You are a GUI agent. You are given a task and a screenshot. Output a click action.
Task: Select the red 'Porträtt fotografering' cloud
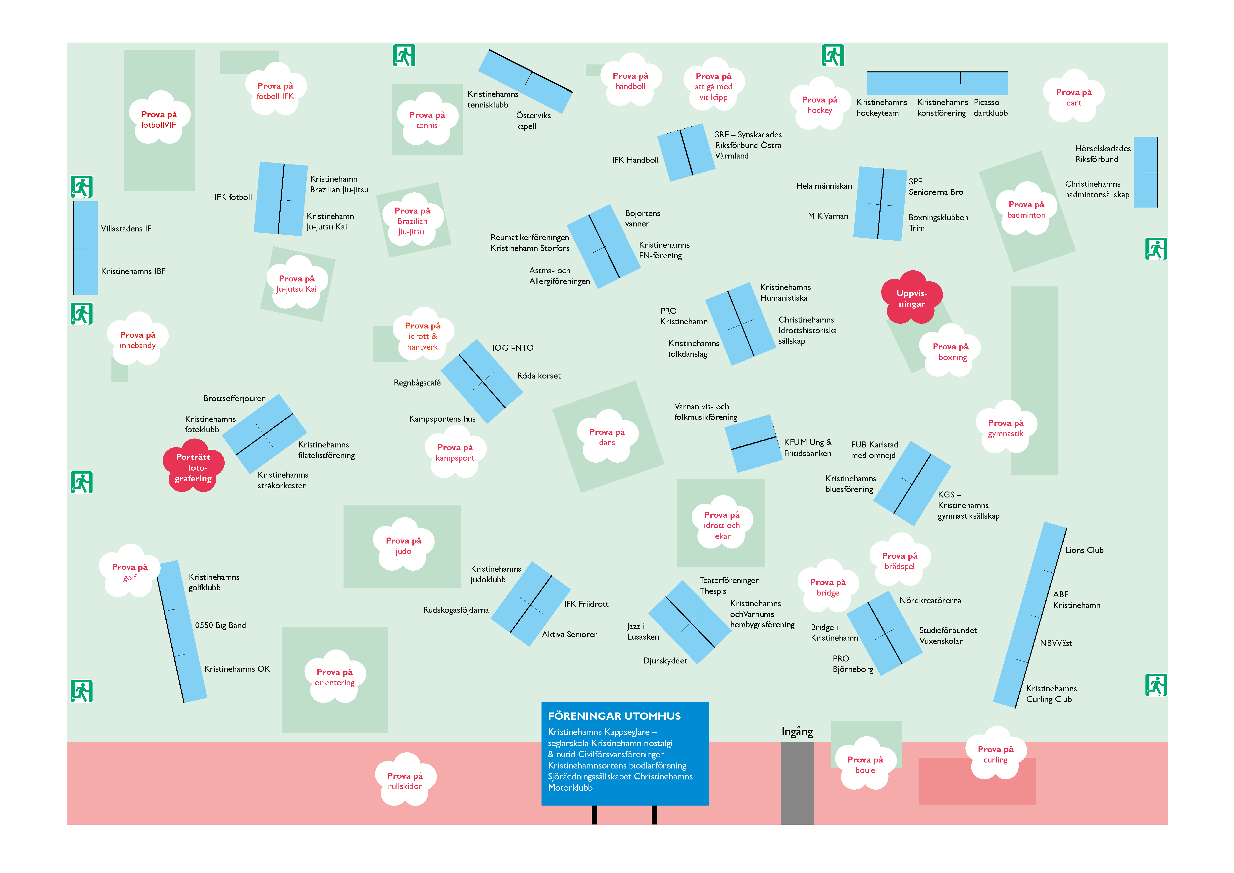point(194,467)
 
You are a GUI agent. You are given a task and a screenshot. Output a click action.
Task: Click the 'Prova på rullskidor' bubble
point(405,780)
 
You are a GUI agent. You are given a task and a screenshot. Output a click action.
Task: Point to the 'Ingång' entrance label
point(797,732)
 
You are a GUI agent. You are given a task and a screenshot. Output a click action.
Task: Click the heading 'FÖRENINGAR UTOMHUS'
point(614,716)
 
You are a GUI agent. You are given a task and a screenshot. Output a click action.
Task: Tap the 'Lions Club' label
point(1084,550)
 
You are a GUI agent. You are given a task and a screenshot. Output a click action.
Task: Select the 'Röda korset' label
point(539,376)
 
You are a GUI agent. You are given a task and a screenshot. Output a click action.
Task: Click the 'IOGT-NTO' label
point(513,348)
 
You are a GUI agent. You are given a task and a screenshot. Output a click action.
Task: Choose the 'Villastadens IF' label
point(126,228)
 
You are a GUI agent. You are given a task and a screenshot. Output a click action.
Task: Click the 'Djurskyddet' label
point(665,661)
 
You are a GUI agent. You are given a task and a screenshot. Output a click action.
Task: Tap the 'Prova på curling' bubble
point(995,754)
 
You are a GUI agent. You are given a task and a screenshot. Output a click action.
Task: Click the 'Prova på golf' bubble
point(130,572)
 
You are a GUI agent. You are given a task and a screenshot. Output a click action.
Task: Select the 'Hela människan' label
point(824,186)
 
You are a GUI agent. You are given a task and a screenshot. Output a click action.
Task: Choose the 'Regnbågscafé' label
point(417,383)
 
